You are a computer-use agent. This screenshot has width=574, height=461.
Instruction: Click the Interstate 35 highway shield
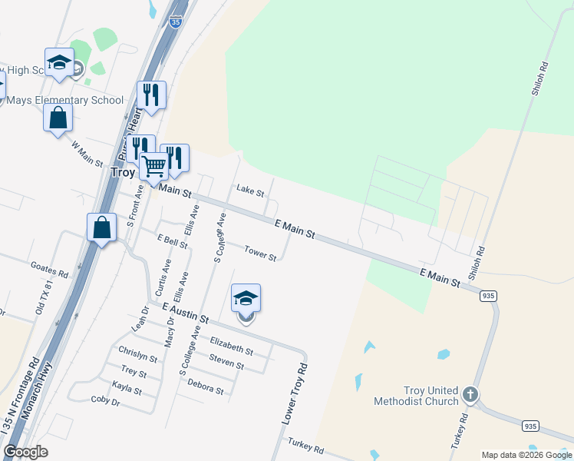pos(176,21)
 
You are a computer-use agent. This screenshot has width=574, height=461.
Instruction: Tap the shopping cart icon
pos(154,164)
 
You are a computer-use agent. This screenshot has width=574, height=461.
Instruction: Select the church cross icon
pos(470,395)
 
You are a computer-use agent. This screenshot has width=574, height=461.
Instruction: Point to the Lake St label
pos(250,189)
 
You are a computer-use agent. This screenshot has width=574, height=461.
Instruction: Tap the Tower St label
pos(260,252)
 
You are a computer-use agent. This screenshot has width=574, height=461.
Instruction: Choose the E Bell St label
pos(172,242)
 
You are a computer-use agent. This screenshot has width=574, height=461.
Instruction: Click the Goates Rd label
pos(49,268)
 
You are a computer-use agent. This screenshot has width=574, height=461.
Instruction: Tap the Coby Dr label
pos(106,401)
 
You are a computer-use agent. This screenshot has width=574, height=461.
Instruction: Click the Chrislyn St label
pos(137,354)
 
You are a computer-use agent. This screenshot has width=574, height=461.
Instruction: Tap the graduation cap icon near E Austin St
pos(246,298)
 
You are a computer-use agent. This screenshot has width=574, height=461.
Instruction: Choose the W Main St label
pos(87,153)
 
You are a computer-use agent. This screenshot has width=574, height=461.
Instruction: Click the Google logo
pos(25,452)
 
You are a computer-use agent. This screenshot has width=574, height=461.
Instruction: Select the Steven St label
pos(226,362)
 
